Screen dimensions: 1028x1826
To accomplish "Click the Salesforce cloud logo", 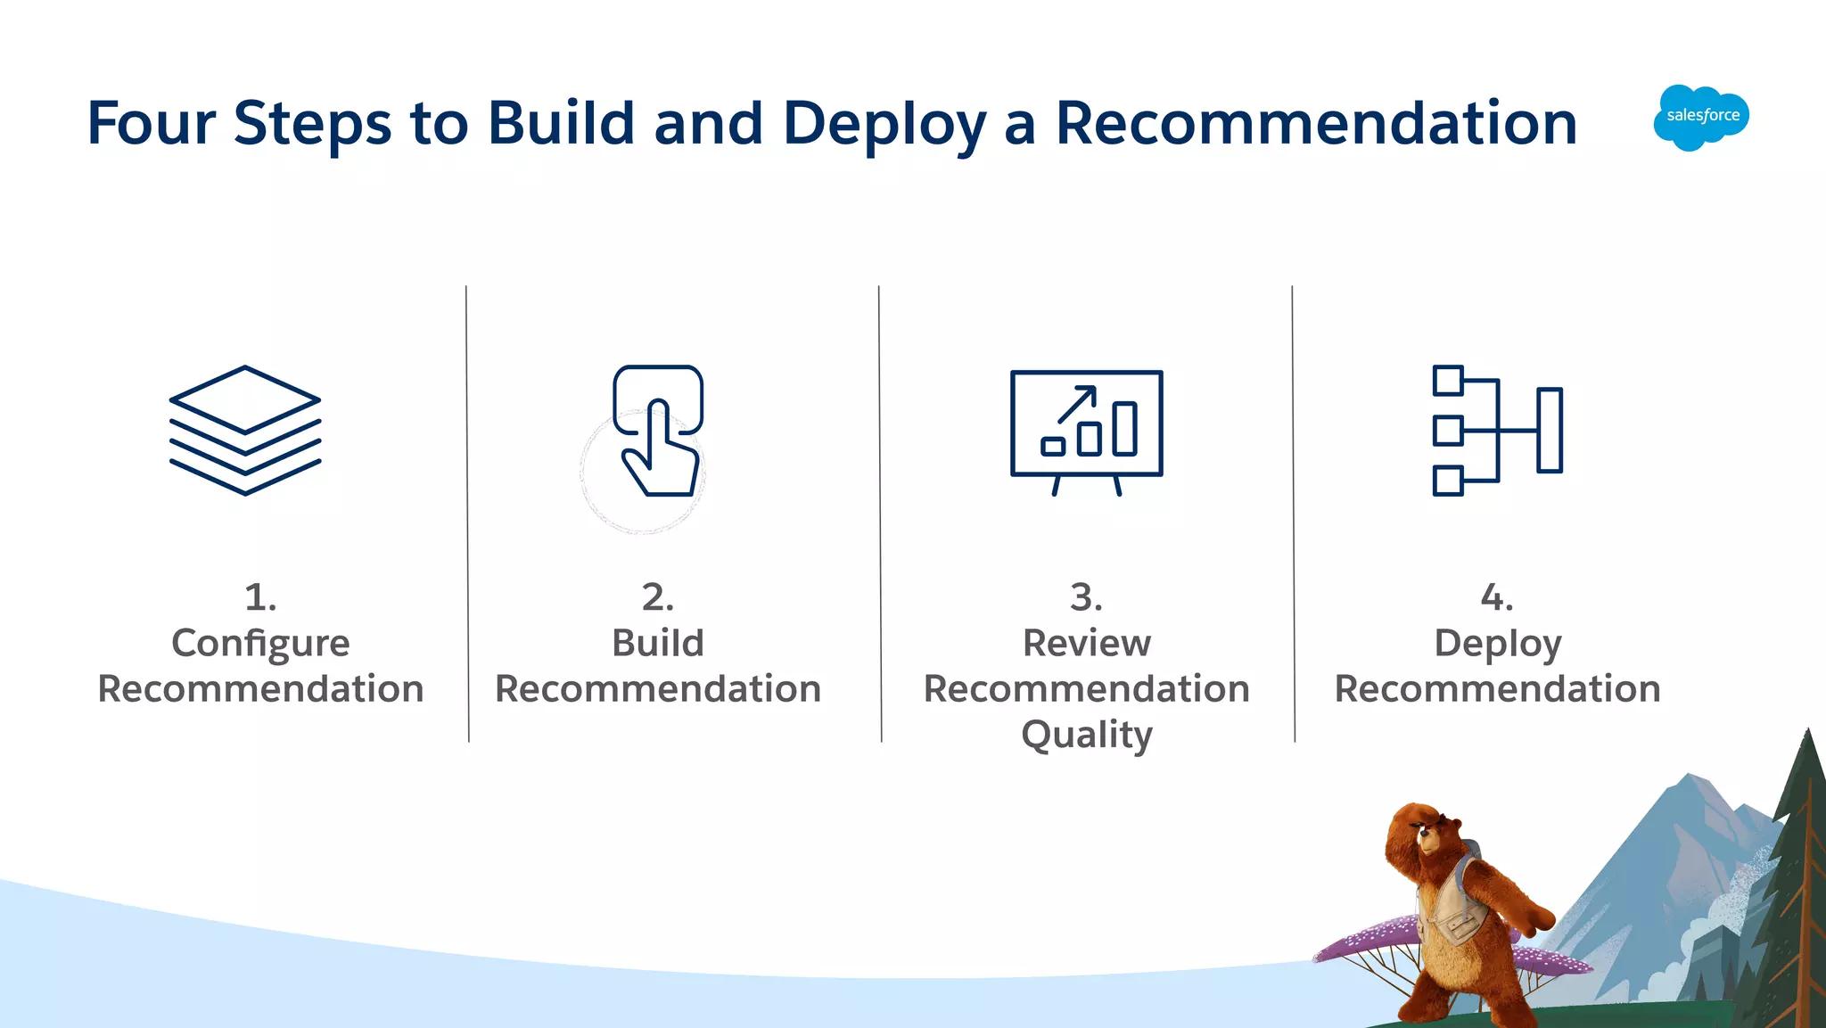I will (1701, 117).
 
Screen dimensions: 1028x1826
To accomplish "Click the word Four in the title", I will (151, 122).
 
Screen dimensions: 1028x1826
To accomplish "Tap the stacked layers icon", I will (245, 430).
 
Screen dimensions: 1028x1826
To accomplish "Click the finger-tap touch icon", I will (658, 430).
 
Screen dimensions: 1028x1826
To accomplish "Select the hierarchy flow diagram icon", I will (1497, 430).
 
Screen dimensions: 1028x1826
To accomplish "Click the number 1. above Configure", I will (260, 596).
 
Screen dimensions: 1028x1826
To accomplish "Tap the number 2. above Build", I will (658, 596).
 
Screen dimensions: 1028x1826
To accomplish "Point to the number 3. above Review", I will (1086, 596).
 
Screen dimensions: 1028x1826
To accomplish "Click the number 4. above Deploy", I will (1497, 596).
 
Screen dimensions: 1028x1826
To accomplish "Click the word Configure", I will (260, 644).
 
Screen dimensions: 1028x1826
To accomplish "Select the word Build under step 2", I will (658, 643).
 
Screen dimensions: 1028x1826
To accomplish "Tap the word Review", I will (1086, 643).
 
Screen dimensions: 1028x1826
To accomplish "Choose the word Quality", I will (1086, 736).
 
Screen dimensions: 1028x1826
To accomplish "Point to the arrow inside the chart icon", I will (1077, 404).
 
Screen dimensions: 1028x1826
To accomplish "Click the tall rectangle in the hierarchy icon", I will (1550, 430).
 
